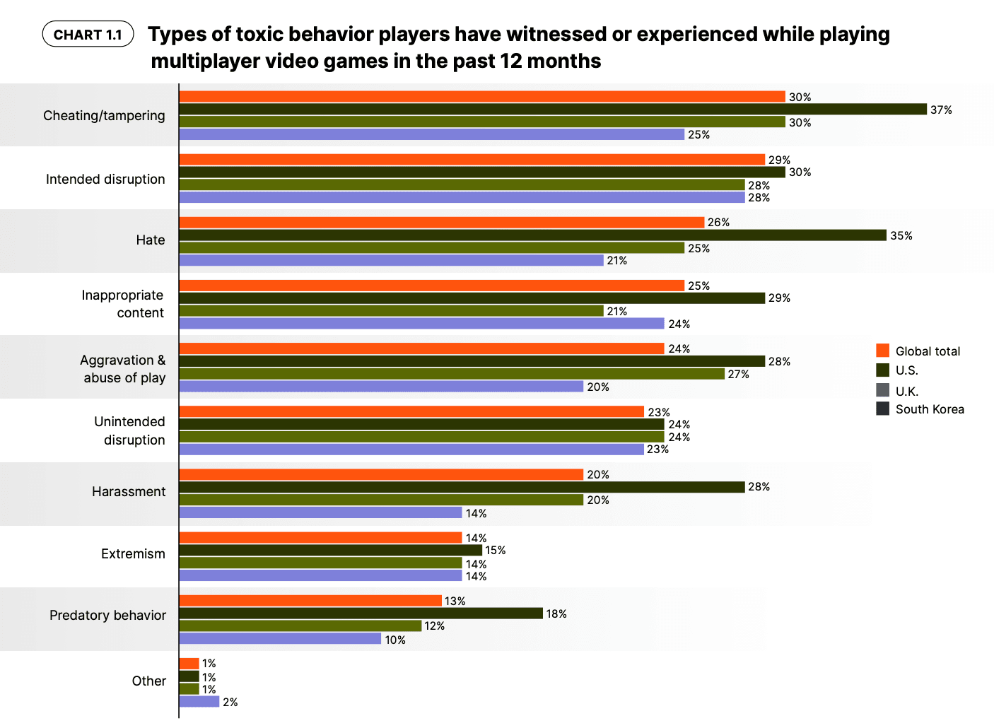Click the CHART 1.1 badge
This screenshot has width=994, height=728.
(x=88, y=35)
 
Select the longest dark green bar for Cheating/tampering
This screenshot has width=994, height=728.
(x=552, y=109)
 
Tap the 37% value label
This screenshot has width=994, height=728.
(x=941, y=110)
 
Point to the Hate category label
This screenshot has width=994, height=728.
(x=150, y=240)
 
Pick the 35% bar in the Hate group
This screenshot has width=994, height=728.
(x=532, y=235)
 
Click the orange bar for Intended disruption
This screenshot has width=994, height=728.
(x=472, y=160)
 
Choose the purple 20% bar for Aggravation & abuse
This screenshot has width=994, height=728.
(x=381, y=387)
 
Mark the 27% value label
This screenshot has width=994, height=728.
(x=738, y=374)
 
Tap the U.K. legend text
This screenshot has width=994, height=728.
(x=906, y=391)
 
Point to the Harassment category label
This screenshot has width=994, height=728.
(x=128, y=491)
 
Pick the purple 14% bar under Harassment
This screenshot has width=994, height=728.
(x=320, y=513)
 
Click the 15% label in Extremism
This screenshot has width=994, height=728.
(x=495, y=550)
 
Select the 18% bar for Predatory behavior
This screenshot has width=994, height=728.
(x=361, y=613)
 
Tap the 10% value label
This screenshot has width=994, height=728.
(x=394, y=640)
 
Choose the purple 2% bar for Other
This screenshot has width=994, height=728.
(x=199, y=702)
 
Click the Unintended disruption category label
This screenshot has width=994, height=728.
(x=129, y=430)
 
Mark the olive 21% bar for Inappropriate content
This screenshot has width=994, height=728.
(x=391, y=311)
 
